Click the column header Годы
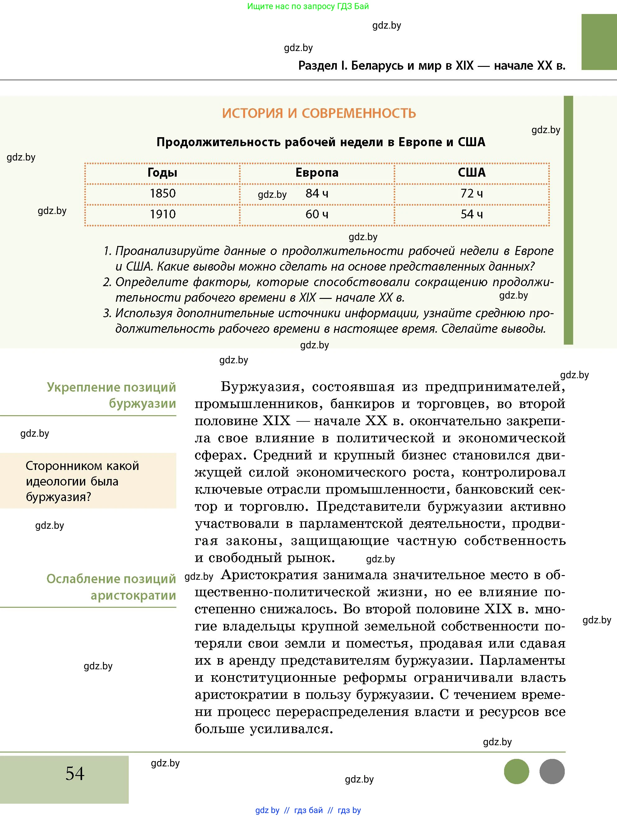click(162, 173)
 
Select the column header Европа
click(317, 173)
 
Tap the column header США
click(471, 173)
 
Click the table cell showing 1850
click(162, 193)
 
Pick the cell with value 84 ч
click(317, 193)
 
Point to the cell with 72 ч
click(471, 193)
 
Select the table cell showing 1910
click(162, 214)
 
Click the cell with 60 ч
click(317, 214)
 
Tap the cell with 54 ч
click(471, 214)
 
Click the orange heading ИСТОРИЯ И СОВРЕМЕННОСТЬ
click(319, 113)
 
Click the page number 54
click(75, 774)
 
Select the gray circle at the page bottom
click(552, 771)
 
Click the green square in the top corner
click(599, 42)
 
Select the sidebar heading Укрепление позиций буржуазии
click(111, 395)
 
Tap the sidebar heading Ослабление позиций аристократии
click(111, 587)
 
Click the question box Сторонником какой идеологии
click(88, 481)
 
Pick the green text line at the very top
click(308, 6)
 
